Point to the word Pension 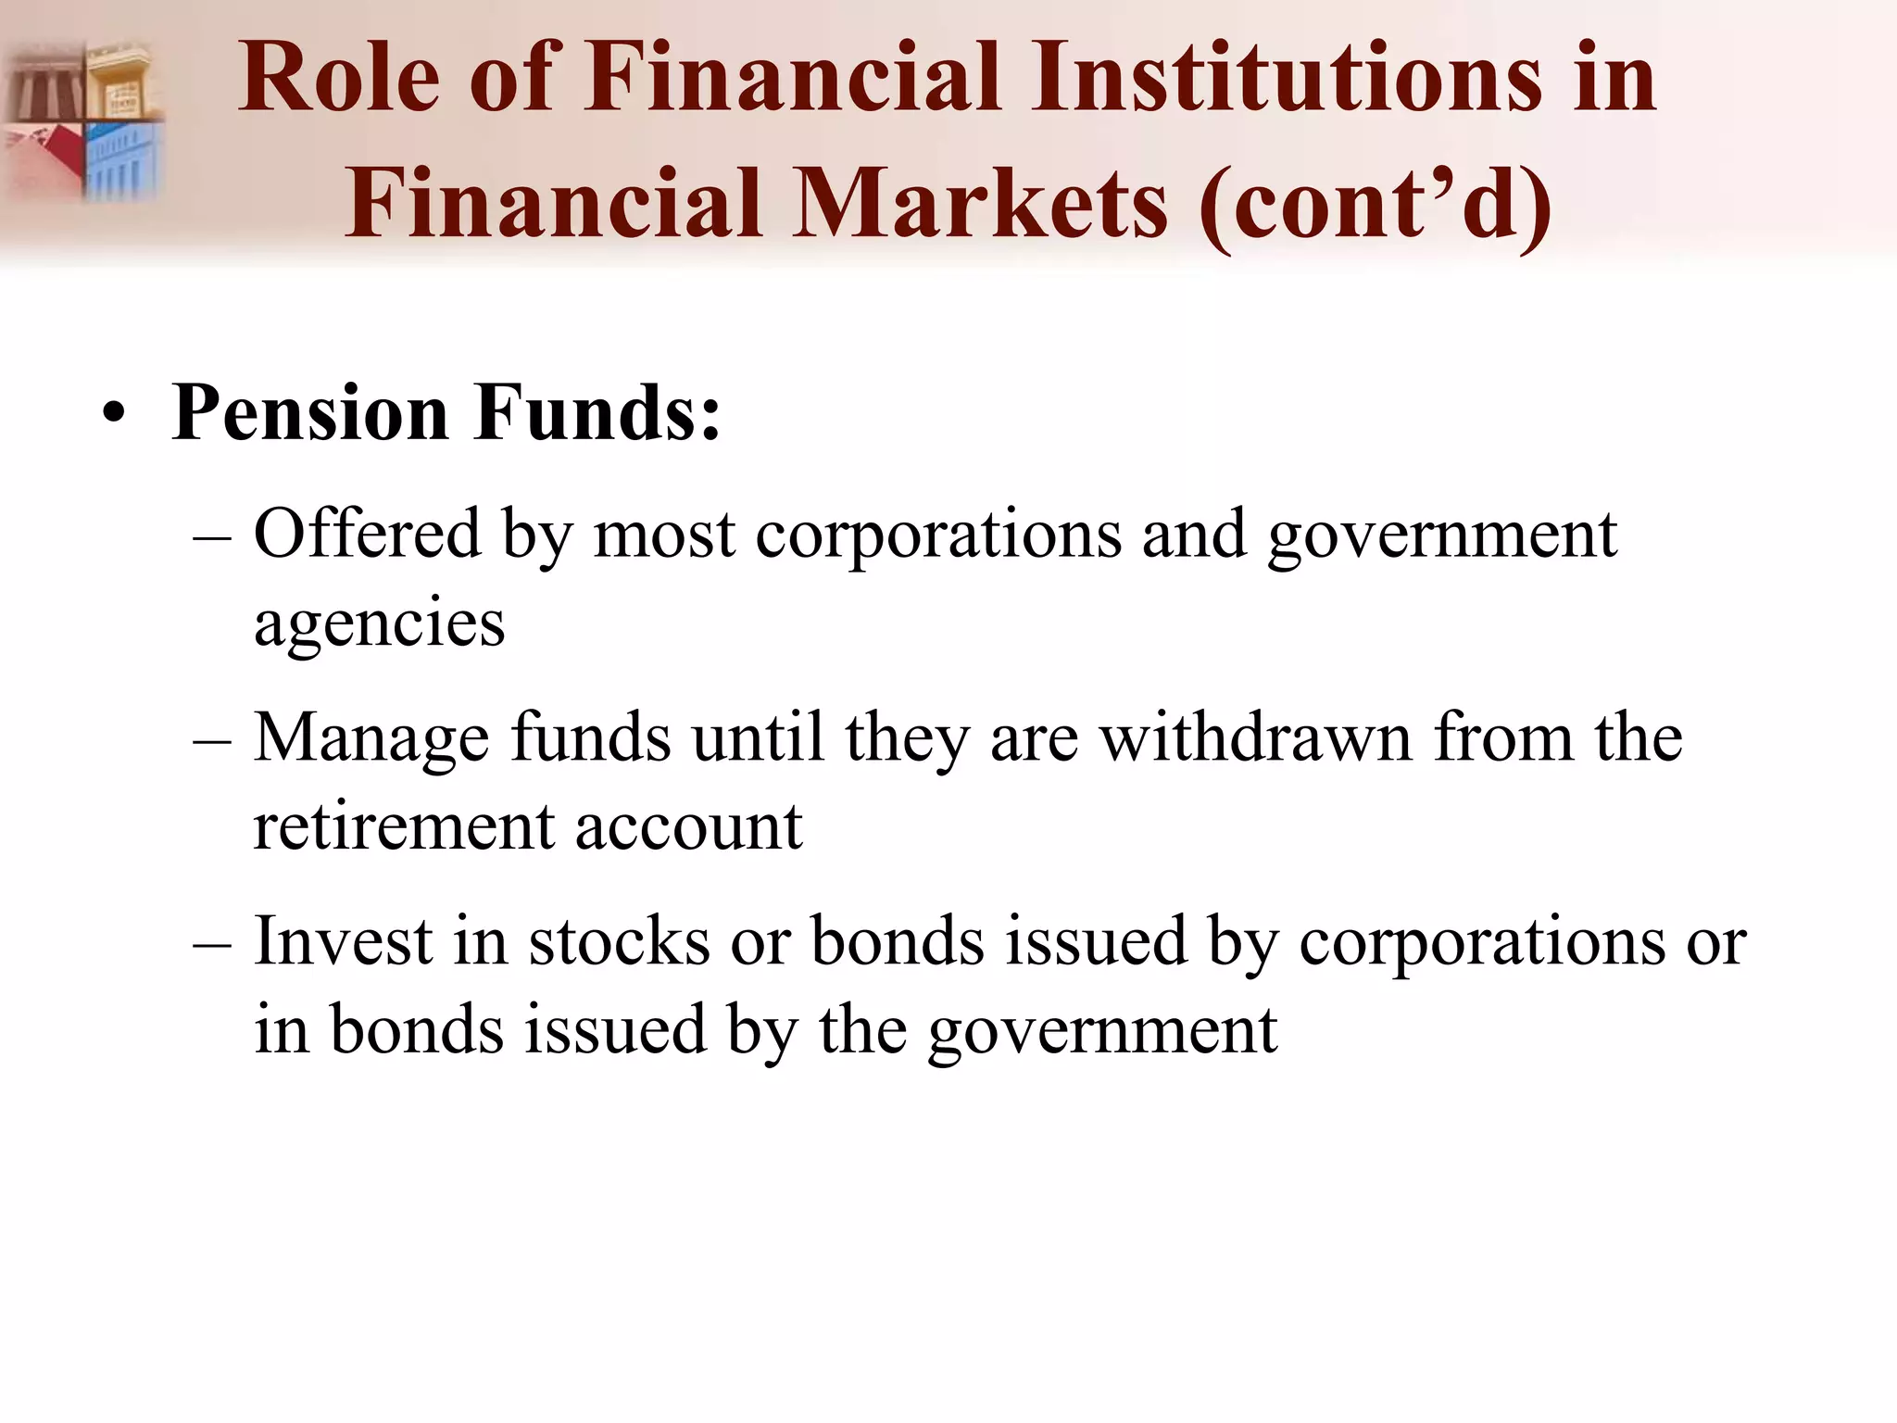point(311,412)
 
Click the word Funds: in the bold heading point(597,412)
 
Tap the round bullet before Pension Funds point(113,414)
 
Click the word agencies point(379,623)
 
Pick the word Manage point(371,738)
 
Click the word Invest point(343,942)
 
